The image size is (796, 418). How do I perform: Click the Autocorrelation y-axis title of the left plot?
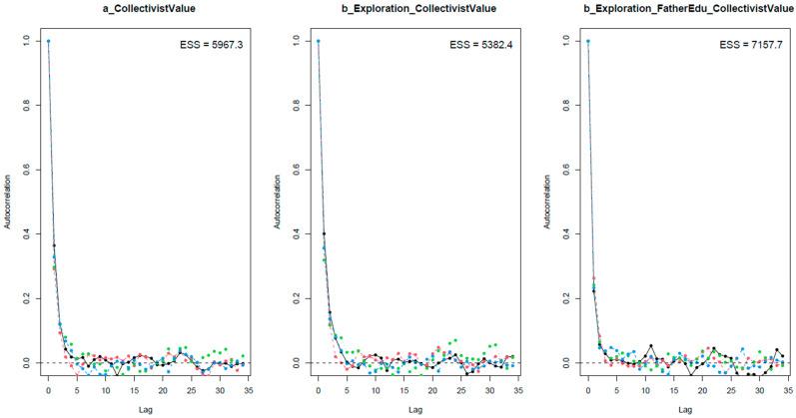pos(8,203)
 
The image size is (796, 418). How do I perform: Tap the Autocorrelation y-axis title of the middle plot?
pos(278,203)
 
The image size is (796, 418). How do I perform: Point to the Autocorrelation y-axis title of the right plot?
pos(547,203)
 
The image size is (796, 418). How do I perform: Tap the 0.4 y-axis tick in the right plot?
pos(566,233)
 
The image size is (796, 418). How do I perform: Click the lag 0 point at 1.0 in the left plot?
pos(48,41)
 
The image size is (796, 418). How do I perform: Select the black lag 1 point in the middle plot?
pos(324,233)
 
